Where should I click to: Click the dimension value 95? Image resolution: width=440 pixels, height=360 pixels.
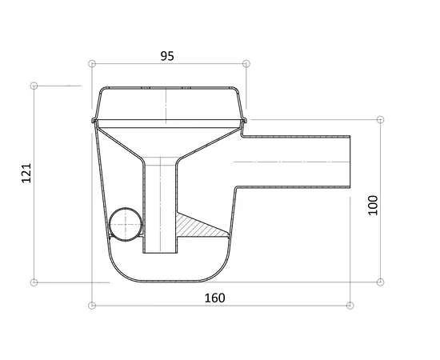(x=167, y=56)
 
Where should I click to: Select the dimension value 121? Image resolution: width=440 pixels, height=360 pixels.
(x=26, y=173)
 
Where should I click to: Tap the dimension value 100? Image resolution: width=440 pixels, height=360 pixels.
(x=373, y=205)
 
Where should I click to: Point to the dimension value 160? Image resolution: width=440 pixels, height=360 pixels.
(x=214, y=298)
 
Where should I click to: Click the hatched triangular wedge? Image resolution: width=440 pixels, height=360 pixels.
(x=197, y=226)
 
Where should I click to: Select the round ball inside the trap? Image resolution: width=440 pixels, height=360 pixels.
(x=126, y=224)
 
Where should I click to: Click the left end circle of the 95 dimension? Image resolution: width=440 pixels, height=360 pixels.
(x=92, y=64)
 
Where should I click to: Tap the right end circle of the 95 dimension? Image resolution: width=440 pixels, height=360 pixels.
(x=246, y=64)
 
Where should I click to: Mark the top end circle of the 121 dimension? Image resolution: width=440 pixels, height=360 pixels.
(x=34, y=86)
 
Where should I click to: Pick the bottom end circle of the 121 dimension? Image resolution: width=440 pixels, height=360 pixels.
(x=34, y=282)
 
